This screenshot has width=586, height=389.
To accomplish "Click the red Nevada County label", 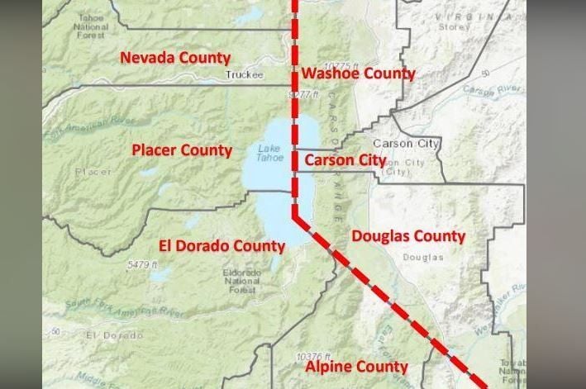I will coord(175,58).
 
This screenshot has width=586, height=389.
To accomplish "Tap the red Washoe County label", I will coord(358,74).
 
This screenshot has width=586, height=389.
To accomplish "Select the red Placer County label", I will coord(182,150).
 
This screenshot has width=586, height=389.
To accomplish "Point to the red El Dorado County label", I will coord(222,245).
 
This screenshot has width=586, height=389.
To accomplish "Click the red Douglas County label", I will coord(408,236).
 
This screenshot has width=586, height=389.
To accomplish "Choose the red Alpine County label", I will coord(356,366).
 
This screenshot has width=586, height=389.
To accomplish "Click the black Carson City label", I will coord(406,144).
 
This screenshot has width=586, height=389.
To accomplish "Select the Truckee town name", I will coord(244,75).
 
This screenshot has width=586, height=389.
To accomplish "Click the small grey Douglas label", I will coord(423,258).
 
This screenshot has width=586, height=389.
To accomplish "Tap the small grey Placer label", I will coord(92,172).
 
